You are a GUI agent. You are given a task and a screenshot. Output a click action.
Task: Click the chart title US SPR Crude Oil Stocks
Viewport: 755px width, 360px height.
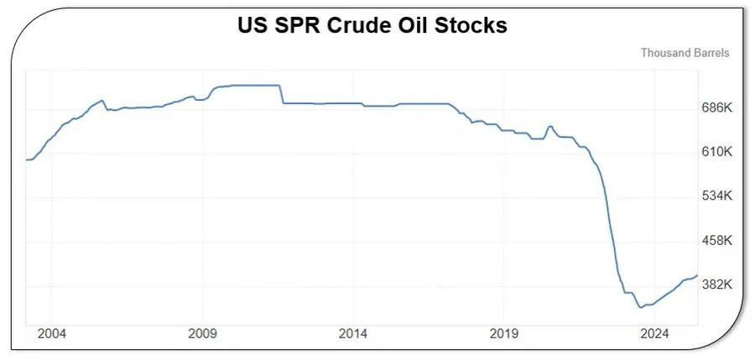pos(372,26)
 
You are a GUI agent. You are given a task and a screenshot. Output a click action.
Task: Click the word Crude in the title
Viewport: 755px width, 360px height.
pos(351,26)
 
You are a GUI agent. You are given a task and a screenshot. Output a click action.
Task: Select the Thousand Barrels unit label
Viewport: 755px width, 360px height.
pos(685,52)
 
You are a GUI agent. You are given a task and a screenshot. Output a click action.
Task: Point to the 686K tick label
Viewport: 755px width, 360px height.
pos(717,108)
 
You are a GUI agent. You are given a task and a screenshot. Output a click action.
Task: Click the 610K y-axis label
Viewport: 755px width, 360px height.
pos(717,152)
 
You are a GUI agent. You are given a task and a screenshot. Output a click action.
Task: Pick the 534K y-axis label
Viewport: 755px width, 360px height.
pos(717,196)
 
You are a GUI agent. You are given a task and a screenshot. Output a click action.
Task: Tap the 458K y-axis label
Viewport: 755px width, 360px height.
pos(717,241)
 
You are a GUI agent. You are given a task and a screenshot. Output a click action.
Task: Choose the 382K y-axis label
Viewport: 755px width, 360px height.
pos(717,285)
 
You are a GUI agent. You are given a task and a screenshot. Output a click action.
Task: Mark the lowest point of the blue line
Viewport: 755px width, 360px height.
pos(640,307)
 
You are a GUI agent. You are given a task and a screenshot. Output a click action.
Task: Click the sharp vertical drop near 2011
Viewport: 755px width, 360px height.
pos(280,94)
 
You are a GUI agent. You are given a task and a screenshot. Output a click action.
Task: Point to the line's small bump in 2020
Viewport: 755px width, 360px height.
pos(550,127)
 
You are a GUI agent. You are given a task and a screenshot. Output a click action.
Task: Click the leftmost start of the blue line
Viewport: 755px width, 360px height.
pos(27,159)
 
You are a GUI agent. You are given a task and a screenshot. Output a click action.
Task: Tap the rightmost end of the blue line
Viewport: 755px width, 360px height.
pos(697,275)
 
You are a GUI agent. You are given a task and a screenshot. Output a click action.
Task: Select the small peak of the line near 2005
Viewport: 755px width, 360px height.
pos(102,101)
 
